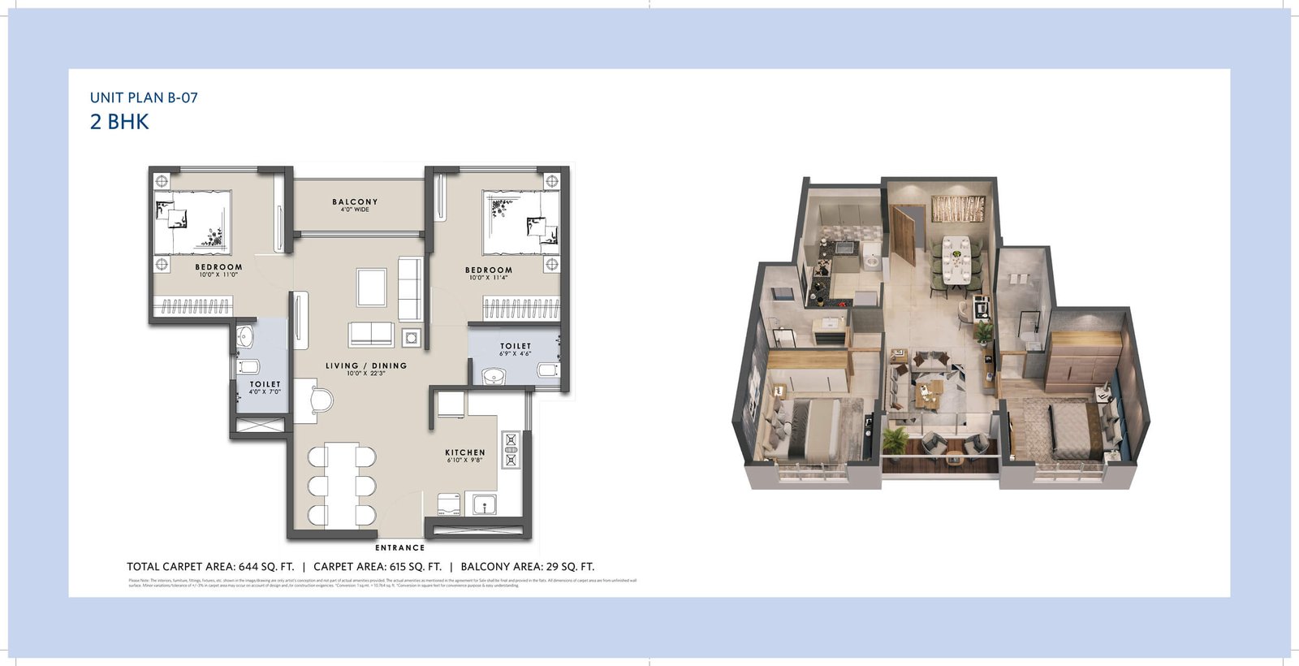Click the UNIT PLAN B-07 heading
[144, 97]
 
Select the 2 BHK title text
[119, 122]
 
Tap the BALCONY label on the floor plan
[355, 201]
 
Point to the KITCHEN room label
[465, 452]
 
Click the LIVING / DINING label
[366, 365]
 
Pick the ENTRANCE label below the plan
[399, 547]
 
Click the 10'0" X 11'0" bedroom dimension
[218, 275]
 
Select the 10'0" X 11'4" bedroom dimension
[489, 278]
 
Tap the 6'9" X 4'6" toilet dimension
[515, 353]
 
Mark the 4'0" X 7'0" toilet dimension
[265, 391]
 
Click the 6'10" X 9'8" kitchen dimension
[464, 460]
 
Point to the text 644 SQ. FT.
[266, 567]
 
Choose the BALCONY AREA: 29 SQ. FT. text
[528, 567]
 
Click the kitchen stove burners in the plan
[511, 450]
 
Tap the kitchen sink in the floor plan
[485, 504]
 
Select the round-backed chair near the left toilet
[321, 401]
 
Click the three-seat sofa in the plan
[410, 288]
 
